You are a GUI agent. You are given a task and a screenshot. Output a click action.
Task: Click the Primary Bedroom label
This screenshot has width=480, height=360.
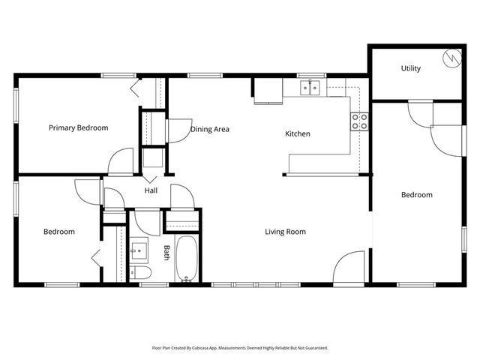point(78,127)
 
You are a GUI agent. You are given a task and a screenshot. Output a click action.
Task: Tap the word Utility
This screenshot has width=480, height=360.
point(411,68)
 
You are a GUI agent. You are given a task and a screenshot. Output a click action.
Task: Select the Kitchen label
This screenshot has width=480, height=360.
point(297,134)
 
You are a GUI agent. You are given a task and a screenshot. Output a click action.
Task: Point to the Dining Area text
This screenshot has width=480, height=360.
point(209,129)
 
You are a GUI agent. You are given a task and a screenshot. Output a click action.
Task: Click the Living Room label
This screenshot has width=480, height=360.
point(285,232)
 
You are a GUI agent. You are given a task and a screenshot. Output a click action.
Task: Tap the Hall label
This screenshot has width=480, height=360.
point(151,190)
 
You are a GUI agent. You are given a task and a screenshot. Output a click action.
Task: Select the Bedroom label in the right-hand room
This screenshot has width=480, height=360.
point(416,195)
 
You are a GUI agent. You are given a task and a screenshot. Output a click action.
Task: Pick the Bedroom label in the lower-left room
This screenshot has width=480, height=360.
point(58,232)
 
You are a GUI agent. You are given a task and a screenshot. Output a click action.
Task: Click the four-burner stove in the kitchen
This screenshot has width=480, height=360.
point(360,121)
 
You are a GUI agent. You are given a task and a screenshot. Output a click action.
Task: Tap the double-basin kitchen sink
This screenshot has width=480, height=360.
point(310,88)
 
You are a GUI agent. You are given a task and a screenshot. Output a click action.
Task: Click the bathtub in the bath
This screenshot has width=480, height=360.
point(186,259)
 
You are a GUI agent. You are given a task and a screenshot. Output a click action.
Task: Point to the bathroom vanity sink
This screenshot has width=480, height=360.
point(139,248)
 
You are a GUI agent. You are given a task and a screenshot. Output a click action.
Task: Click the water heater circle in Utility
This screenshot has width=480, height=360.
point(452,57)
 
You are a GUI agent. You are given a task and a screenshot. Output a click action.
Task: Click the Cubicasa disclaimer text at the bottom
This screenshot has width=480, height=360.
point(240,348)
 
